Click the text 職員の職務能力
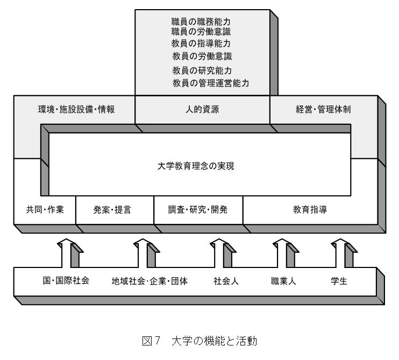pos(201,22)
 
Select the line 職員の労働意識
pos(201,32)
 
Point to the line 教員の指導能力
pos(201,44)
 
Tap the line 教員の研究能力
pos(202,70)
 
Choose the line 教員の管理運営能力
pos(211,83)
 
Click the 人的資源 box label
pos(202,109)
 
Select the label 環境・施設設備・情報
pos(76,109)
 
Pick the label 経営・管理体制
pos(323,109)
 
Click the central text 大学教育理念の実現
pos(196,166)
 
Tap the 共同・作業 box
pos(45,210)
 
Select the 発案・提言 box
pos(115,210)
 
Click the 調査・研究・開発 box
pos(198,210)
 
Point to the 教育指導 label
pos(310,209)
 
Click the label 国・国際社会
pos(66,280)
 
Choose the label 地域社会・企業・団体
pos(149,281)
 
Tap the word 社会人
pos(226,281)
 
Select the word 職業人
pos(283,281)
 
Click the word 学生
pos(339,281)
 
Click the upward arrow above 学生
pos(344,253)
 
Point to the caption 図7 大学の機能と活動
pos(199,341)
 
